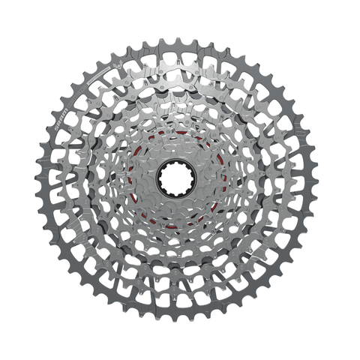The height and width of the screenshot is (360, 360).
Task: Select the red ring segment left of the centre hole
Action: (x=135, y=180)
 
